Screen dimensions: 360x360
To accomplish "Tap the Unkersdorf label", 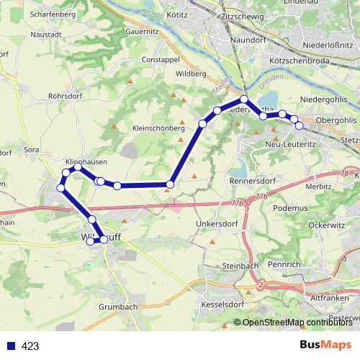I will point(212,224).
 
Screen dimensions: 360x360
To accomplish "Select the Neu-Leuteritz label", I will point(282,145).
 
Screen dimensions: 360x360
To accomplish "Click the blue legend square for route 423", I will point(11,346).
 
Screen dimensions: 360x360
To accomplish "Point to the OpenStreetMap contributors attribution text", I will point(297,322).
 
